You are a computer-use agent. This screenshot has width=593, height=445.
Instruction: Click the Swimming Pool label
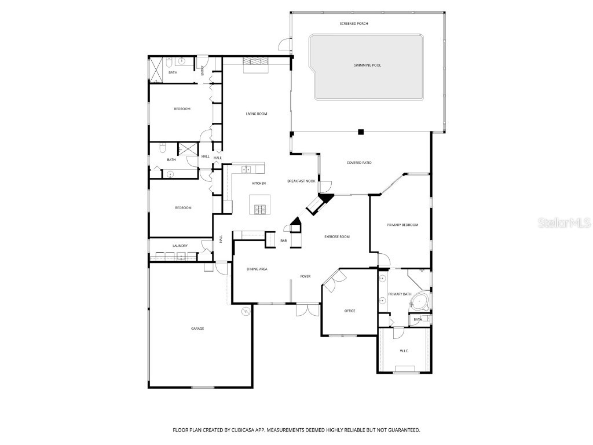pos(367,65)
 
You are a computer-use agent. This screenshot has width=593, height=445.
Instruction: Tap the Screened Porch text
pos(354,24)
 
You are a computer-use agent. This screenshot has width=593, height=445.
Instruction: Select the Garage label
pos(197,329)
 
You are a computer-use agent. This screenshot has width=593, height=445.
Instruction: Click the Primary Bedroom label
pos(402,225)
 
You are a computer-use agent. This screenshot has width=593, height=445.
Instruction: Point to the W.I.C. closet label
pos(404,351)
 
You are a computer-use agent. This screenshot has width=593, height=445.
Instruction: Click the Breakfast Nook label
pos(301,181)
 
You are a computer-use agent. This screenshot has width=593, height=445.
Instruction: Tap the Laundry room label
pos(180,246)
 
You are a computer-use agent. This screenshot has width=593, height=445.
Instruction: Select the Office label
pos(350,311)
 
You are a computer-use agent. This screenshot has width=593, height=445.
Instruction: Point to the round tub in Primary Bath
pos(422,301)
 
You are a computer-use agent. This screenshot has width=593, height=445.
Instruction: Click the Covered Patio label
pos(359,163)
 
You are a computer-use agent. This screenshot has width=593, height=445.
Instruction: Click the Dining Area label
pos(257,269)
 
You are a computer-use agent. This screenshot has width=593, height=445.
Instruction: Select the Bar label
pos(284,240)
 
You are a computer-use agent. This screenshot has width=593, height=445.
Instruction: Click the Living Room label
pos(256,114)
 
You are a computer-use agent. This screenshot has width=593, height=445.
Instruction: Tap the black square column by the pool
pos(361,132)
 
